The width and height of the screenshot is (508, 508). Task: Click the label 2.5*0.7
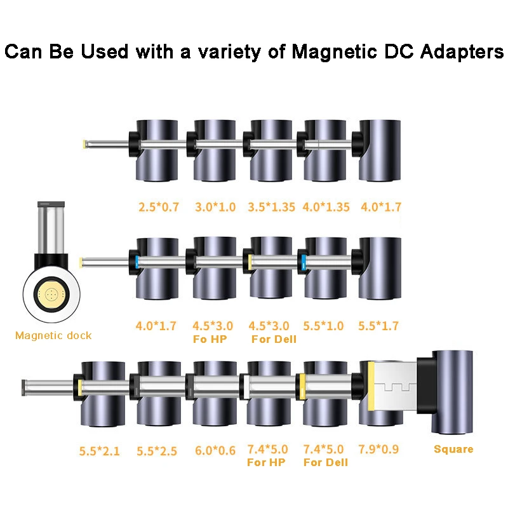(159, 207)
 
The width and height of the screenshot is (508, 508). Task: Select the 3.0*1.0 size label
(215, 207)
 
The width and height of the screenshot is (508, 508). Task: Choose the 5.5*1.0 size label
(324, 326)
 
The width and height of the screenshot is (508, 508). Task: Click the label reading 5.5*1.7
(380, 326)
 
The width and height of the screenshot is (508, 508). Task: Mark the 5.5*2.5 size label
(157, 451)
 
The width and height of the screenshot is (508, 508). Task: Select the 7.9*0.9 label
(380, 450)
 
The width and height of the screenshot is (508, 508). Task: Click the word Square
(453, 450)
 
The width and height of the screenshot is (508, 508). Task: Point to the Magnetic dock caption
(53, 335)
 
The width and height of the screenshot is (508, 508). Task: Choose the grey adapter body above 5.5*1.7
(380, 267)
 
